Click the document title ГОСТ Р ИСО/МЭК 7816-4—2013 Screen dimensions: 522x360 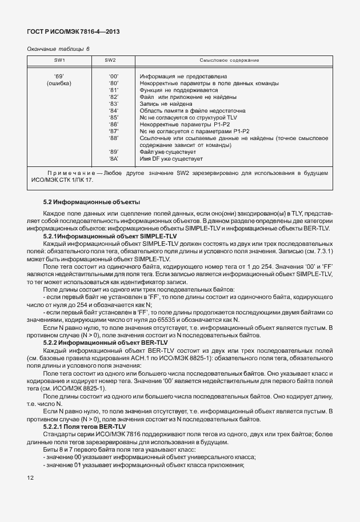point(73,32)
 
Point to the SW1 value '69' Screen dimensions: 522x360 point(58,76)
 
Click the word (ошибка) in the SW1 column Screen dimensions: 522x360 point(59,83)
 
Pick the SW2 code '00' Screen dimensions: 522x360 point(113,76)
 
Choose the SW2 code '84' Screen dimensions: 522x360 point(113,110)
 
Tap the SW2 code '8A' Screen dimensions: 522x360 point(113,158)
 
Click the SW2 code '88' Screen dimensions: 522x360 point(113,138)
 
